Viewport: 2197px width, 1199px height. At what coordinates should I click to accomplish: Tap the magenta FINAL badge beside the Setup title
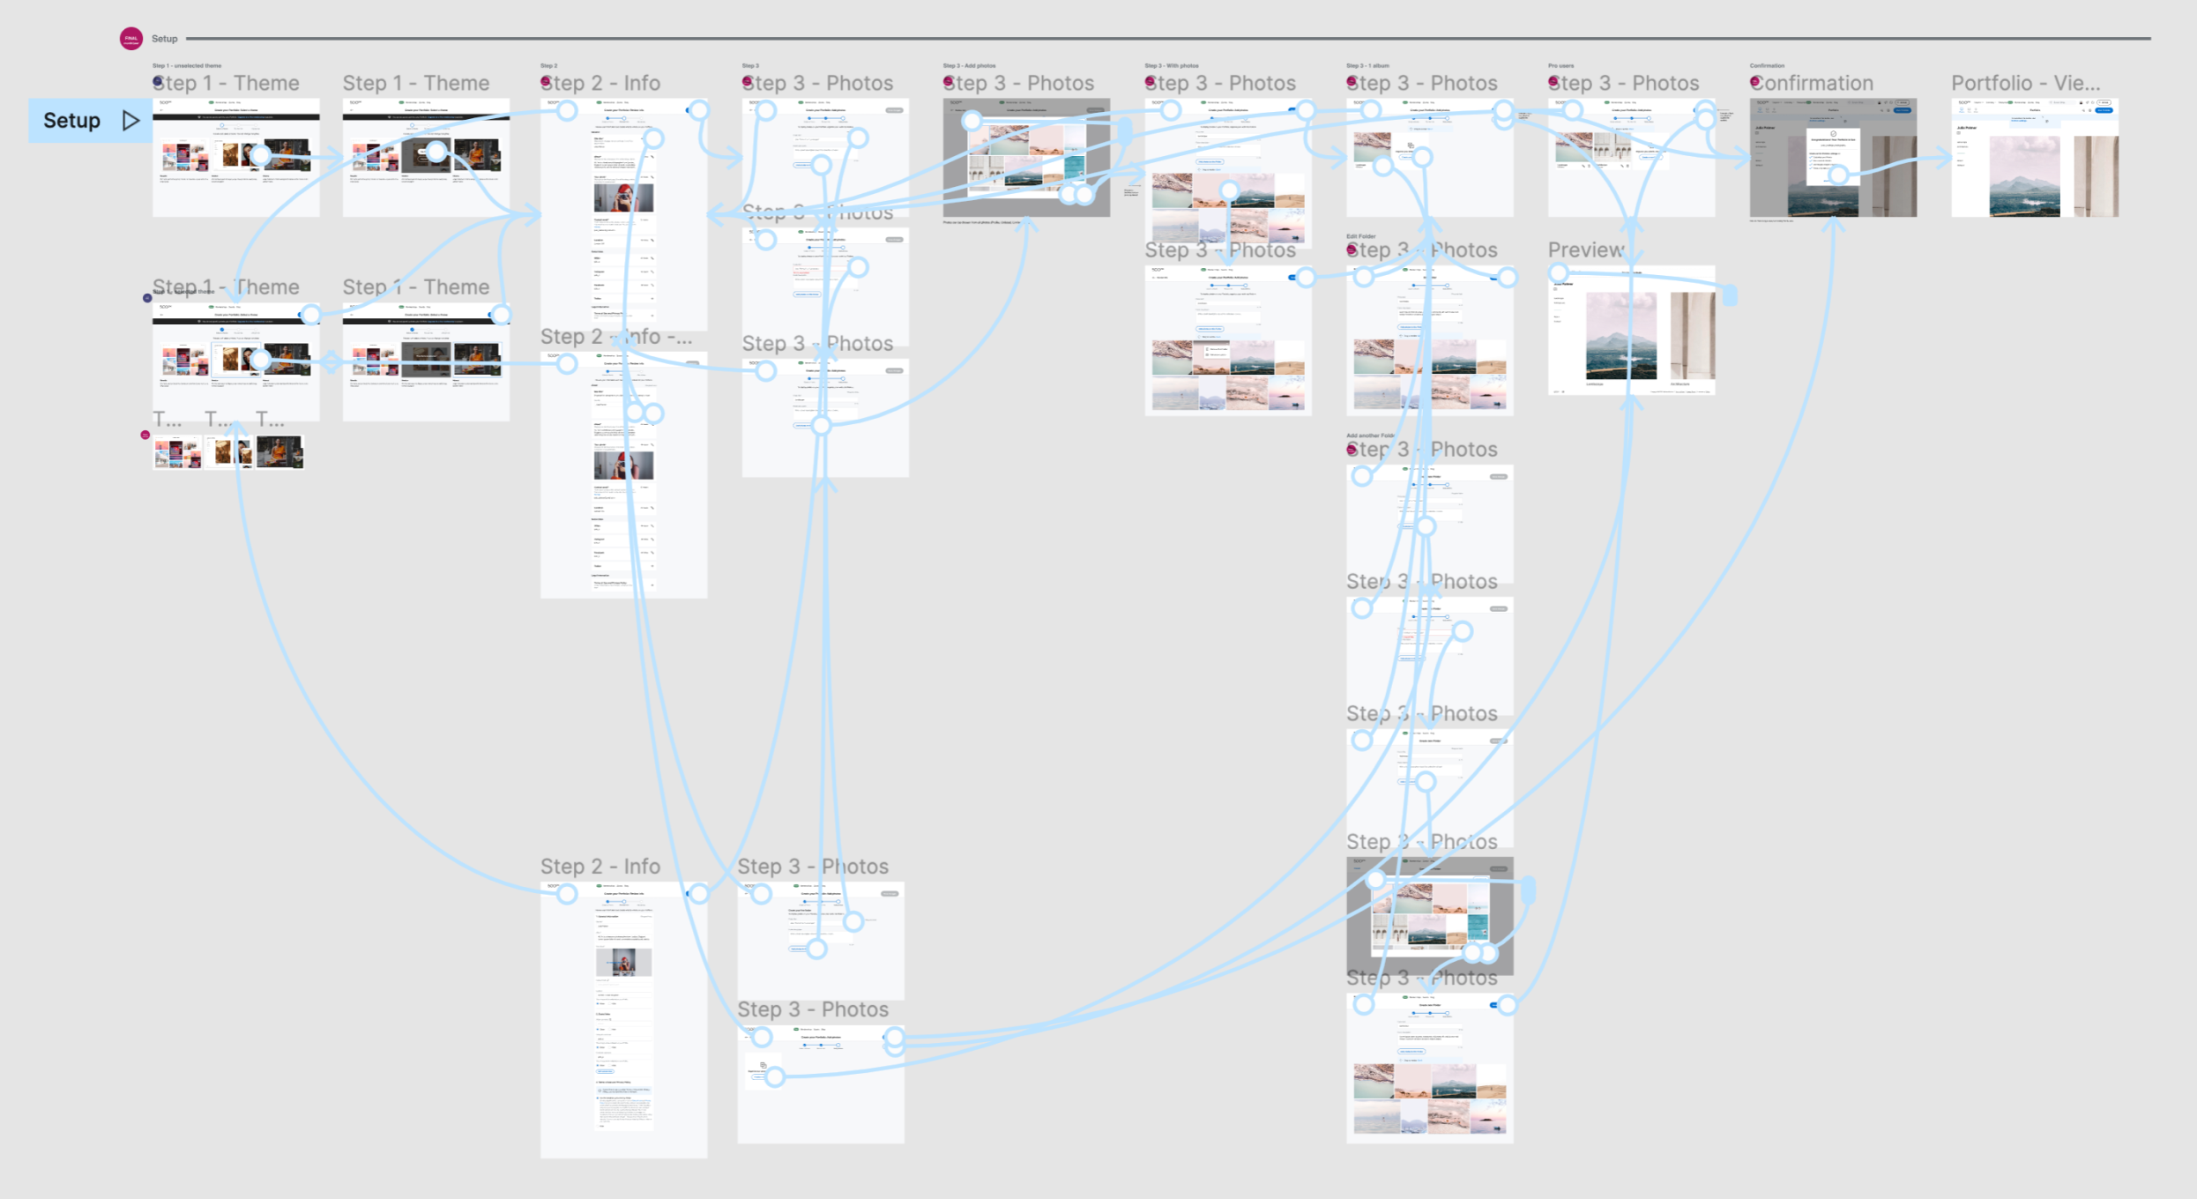point(131,38)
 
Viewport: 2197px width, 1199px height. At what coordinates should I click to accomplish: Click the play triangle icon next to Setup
point(130,121)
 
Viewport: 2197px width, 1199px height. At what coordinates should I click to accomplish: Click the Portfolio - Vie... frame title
point(2025,84)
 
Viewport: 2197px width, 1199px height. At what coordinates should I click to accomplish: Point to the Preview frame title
point(1585,250)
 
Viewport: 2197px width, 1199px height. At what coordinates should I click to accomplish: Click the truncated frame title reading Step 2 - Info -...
point(615,337)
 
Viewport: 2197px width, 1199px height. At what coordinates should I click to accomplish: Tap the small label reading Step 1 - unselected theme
point(187,65)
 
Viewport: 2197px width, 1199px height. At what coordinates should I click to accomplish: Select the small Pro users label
point(1560,65)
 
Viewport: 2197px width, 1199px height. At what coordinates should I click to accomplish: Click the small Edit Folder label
point(1360,236)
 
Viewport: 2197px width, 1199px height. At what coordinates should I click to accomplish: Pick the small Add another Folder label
point(1369,436)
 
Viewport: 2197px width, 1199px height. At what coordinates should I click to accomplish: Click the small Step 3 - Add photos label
point(969,65)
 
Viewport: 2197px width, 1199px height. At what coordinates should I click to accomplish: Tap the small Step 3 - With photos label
point(1171,65)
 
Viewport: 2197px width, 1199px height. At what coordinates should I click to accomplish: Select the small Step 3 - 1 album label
point(1367,65)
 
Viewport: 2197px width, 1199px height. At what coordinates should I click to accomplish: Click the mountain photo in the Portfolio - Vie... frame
point(2024,176)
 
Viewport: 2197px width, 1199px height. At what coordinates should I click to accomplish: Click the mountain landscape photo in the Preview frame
point(1620,335)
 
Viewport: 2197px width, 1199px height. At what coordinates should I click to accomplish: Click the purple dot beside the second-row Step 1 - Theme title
point(147,298)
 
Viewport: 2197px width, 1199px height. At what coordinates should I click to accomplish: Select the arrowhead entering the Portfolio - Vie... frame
point(1946,158)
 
